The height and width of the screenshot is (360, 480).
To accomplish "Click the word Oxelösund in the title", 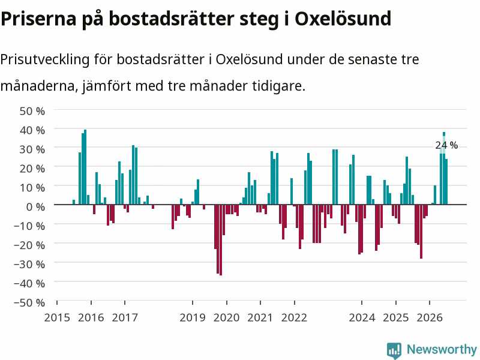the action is (x=343, y=19).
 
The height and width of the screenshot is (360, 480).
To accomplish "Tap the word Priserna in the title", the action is (x=38, y=19).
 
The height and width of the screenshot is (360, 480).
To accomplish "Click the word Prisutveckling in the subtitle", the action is (x=44, y=59).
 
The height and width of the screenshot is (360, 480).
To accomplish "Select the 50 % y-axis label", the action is (x=32, y=111).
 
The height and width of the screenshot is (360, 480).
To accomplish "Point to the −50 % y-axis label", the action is (x=29, y=303).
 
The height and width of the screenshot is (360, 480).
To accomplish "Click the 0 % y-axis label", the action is (x=35, y=207).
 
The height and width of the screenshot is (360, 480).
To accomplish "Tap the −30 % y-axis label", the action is (x=29, y=265).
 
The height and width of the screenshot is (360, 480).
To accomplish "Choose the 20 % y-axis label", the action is (x=32, y=169).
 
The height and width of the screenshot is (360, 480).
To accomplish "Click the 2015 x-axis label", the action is (x=57, y=317).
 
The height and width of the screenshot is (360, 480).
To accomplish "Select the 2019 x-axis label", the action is (x=192, y=317).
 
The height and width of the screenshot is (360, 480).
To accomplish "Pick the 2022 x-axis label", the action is (x=294, y=317).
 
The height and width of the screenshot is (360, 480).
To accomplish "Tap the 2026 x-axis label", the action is (x=430, y=317).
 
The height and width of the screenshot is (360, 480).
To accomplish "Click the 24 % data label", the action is (x=446, y=145).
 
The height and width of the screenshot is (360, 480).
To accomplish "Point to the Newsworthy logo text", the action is (x=442, y=349).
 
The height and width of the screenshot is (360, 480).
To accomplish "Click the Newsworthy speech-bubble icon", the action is (x=394, y=350).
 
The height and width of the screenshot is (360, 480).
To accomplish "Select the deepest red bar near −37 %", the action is (x=221, y=240).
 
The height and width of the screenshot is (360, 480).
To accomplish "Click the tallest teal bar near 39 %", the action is (x=85, y=167).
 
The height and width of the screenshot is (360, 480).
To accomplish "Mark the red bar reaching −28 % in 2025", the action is (x=421, y=232).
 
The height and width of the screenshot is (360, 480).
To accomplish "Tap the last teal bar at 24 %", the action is (x=446, y=182).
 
